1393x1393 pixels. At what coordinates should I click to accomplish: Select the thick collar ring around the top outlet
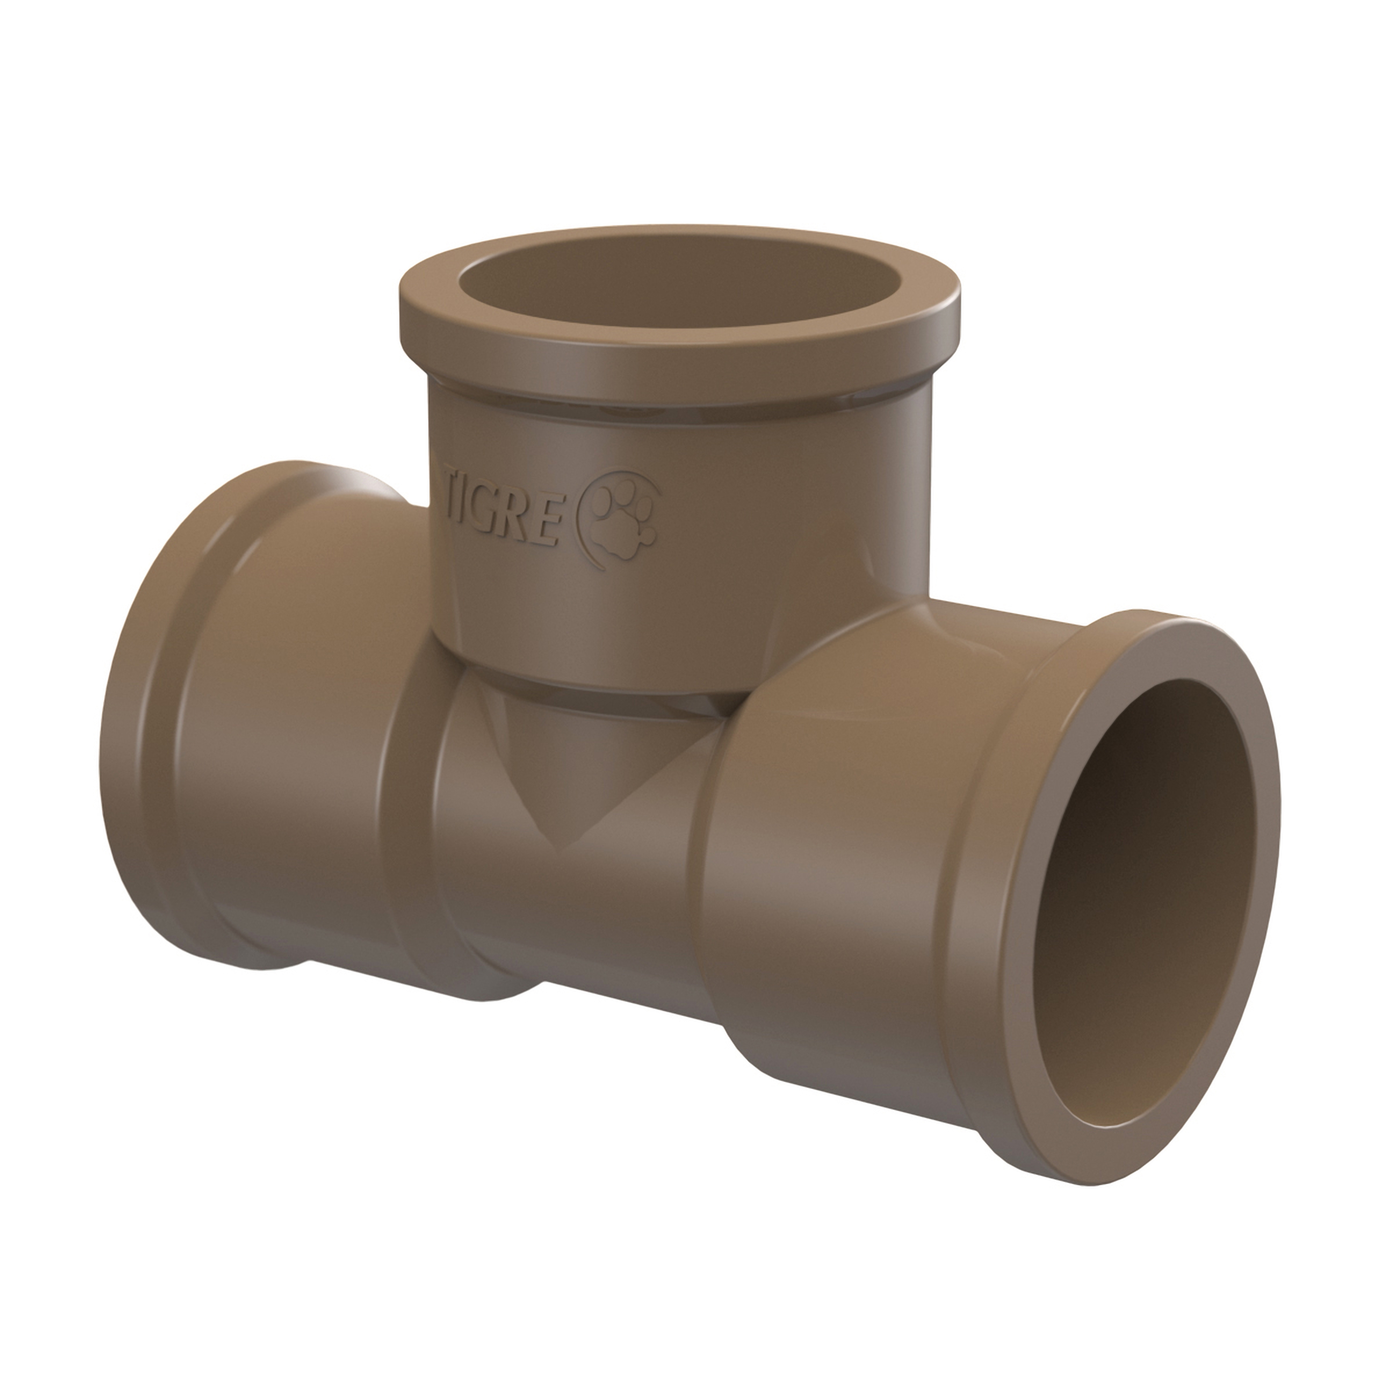pyautogui.click(x=678, y=361)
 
